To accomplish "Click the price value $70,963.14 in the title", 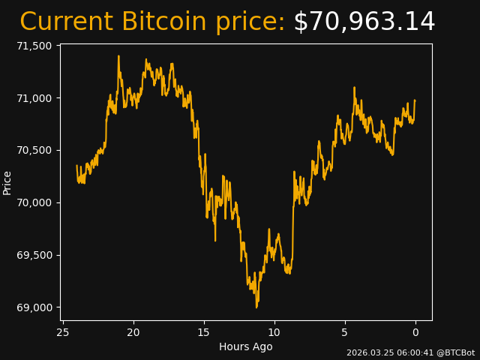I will [364, 22].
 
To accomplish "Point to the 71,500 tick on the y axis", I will [34, 46].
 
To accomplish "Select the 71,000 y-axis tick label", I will [34, 98].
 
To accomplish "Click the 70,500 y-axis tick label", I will [34, 150].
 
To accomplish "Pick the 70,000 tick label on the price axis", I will [34, 202].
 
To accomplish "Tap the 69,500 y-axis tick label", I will [34, 255].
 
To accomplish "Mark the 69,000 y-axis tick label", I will [34, 307].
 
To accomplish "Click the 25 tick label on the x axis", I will [63, 332].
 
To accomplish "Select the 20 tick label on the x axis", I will [133, 332].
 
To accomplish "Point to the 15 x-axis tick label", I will [204, 332].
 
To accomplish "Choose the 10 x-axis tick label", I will [274, 332].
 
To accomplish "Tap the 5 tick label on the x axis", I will [345, 332].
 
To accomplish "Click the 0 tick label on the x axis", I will [415, 332].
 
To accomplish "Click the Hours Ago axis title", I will [245, 346].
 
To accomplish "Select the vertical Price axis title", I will [7, 182].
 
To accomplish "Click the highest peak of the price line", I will [118, 56].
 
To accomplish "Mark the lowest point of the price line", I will [256, 307].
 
